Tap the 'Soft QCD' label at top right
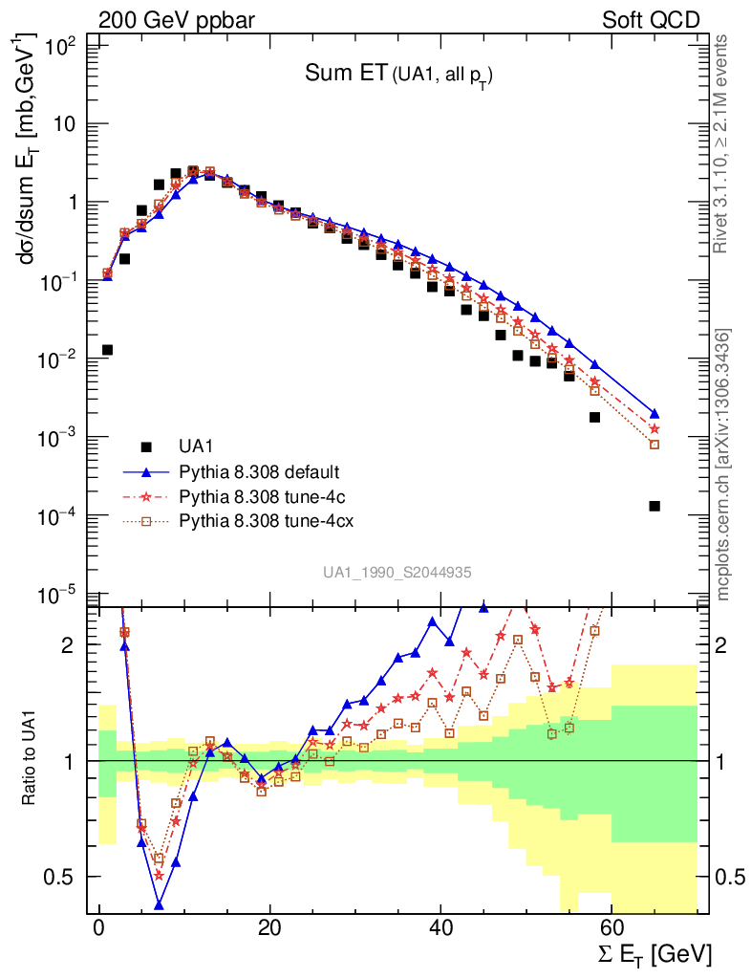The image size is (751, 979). click(x=651, y=19)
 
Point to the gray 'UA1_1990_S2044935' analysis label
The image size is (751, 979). click(x=396, y=572)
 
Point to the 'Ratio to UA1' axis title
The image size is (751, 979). click(x=30, y=760)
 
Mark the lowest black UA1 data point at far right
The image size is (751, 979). click(x=654, y=506)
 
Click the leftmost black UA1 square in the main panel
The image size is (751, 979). click(x=108, y=350)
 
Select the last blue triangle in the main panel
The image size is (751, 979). click(x=654, y=414)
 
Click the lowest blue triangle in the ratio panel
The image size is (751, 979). click(x=160, y=904)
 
